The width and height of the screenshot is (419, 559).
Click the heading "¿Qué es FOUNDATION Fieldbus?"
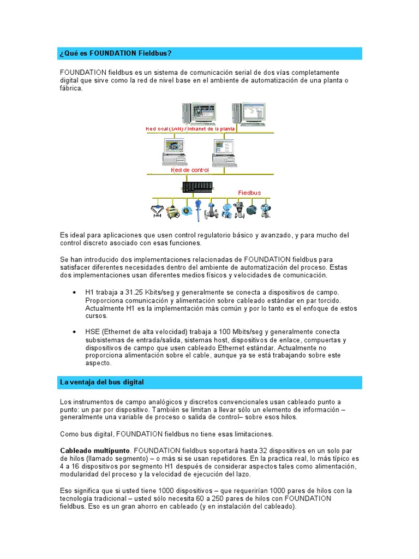coord(116,53)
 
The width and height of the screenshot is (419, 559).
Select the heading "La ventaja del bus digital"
coord(101,382)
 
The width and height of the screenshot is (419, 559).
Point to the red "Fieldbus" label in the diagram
coord(250,193)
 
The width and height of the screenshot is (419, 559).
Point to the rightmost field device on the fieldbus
coord(267,210)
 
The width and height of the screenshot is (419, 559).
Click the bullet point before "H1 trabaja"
coord(74,293)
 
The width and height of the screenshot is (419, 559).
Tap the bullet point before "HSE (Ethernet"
coord(74,331)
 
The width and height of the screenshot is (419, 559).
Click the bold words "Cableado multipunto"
coord(95,450)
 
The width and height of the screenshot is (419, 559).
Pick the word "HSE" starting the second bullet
coord(93,331)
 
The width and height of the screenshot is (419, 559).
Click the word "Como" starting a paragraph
coord(69,434)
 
